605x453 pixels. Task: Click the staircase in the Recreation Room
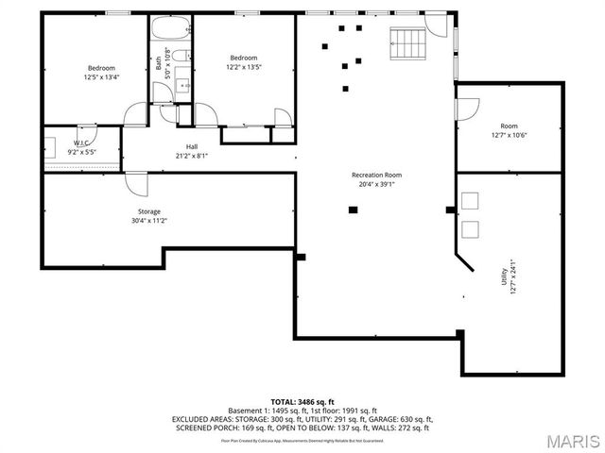tap(408, 42)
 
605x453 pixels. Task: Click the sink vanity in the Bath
tap(183, 88)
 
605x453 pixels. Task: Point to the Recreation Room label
tap(376, 175)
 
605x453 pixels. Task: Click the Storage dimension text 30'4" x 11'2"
tap(149, 221)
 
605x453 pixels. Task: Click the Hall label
tap(192, 146)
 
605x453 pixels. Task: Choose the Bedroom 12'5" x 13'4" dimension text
tap(101, 77)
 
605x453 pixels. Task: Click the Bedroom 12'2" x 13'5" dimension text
tap(243, 67)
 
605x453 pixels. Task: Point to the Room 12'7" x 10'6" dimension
tap(510, 135)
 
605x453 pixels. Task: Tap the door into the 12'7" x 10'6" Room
tap(467, 109)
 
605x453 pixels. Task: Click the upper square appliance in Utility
tap(470, 199)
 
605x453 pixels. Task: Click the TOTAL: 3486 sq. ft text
tap(302, 401)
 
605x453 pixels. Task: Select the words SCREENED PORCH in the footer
tap(203, 428)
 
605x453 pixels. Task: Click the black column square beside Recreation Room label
tap(353, 210)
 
